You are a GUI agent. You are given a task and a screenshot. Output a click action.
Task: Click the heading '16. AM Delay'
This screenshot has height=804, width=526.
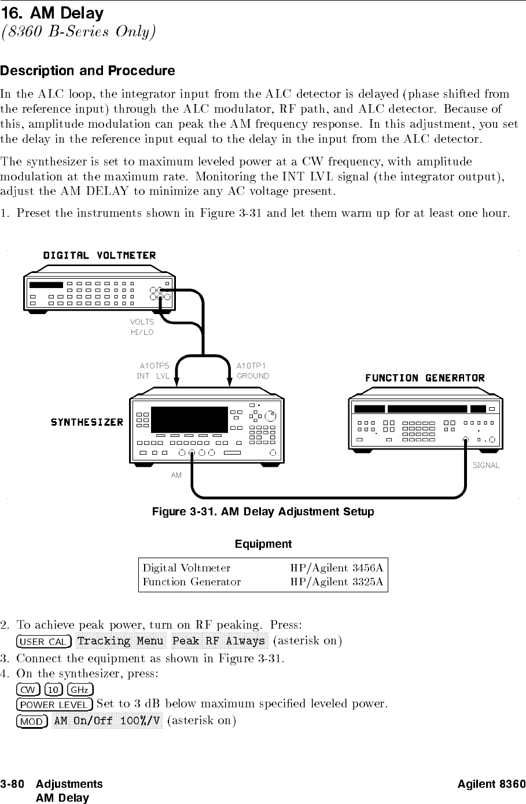tap(52, 13)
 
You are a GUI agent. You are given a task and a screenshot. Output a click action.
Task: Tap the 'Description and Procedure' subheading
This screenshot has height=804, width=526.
tap(87, 71)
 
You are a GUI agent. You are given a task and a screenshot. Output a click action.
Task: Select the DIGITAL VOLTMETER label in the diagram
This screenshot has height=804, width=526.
tap(100, 256)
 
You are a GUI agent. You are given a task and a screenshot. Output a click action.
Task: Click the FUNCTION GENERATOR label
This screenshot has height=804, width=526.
tap(425, 378)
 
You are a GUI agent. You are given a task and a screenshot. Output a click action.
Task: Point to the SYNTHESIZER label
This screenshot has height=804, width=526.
tap(87, 422)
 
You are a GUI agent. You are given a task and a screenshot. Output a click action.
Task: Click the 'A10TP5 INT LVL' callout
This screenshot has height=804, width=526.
tap(154, 371)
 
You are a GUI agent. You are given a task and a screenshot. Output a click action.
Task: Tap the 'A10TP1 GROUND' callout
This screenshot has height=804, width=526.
tap(253, 371)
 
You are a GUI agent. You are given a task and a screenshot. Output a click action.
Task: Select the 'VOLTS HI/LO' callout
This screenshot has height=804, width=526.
tap(142, 327)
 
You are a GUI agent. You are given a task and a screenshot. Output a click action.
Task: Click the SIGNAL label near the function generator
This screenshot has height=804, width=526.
tap(485, 465)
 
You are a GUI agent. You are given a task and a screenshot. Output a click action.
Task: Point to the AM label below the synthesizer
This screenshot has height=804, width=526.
tap(176, 475)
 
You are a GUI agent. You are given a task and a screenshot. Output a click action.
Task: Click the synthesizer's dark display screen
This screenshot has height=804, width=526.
tap(189, 419)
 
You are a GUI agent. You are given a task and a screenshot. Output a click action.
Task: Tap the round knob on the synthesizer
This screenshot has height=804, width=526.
tap(271, 415)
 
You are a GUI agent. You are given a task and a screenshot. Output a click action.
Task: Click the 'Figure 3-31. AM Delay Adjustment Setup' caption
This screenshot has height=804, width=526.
tap(263, 512)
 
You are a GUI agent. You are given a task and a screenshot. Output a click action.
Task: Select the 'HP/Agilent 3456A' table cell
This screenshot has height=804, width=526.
tap(336, 567)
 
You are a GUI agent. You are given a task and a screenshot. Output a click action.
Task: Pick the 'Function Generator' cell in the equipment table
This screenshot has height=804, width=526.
tap(192, 582)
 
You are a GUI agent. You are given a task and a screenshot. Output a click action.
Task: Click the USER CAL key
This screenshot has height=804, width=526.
tap(45, 641)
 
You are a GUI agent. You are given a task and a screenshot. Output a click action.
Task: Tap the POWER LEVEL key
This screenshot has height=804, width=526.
tap(55, 705)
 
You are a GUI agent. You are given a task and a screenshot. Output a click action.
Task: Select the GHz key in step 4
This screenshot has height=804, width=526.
tap(80, 689)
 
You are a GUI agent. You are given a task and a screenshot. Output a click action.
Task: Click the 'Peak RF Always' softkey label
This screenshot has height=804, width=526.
tap(219, 641)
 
